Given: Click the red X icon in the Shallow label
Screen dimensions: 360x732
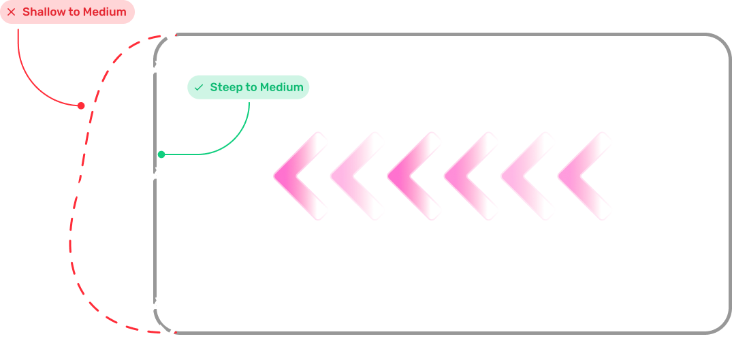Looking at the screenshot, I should [12, 12].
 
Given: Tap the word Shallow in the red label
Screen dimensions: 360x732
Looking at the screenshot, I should [44, 12].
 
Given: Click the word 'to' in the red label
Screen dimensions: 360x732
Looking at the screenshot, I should [74, 12].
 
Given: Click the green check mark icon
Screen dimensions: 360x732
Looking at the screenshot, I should [199, 88].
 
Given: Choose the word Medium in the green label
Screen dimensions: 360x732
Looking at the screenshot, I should [282, 87].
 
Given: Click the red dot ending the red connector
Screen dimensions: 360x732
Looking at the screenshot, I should [81, 105].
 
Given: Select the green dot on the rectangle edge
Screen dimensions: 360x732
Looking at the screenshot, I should [161, 154].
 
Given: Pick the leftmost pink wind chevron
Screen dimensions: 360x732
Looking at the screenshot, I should [300, 176].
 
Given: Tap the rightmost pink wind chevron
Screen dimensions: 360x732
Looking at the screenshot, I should [584, 176].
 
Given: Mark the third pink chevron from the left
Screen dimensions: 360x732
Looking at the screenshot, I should [413, 176].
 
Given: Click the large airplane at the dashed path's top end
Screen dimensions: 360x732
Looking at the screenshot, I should [173, 36].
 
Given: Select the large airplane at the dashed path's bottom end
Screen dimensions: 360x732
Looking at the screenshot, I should [171, 335].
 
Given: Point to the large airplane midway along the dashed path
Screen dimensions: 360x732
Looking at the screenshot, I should [81, 185].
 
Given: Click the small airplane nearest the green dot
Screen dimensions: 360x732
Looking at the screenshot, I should [156, 176].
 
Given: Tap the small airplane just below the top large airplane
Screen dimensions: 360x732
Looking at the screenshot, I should [156, 69].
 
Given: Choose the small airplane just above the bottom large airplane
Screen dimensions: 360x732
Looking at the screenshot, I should [156, 304].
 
